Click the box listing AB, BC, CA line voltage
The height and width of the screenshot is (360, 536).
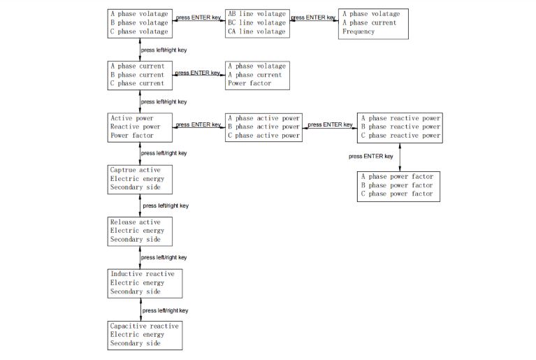(256, 22)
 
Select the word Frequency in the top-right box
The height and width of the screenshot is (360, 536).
(358, 31)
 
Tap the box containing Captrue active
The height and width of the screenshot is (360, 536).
(140, 179)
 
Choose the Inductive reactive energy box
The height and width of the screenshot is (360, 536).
(145, 283)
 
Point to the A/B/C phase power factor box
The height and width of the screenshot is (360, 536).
(398, 185)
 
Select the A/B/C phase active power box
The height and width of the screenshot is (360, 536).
(263, 127)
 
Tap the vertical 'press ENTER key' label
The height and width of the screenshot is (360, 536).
(370, 157)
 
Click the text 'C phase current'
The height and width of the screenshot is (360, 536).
(137, 83)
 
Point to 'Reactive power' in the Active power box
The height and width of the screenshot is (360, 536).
(135, 127)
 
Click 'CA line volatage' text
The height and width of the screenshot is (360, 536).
(256, 31)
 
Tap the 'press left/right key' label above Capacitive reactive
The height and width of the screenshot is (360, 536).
(165, 310)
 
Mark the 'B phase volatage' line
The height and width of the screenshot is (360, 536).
(139, 22)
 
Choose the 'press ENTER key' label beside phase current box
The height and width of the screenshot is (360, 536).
(198, 73)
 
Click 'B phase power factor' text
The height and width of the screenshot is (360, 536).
(397, 185)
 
